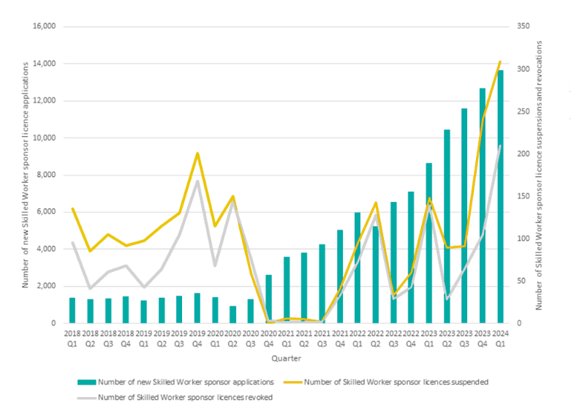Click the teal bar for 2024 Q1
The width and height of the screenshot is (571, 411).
coord(500,197)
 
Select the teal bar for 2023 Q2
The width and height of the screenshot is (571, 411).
coord(447,227)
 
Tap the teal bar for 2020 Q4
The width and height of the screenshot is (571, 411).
coord(269,300)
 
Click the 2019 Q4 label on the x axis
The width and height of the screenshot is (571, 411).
coord(197,339)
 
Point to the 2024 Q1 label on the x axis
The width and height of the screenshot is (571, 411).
coord(500,339)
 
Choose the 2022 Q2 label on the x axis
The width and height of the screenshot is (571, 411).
coord(376,339)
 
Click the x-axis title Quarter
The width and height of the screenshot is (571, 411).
coord(286,359)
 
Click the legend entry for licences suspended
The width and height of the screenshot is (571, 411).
coord(396,382)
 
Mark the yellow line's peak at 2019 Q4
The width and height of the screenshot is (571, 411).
coord(197,154)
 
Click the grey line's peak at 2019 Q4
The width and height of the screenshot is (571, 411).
coord(197,181)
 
